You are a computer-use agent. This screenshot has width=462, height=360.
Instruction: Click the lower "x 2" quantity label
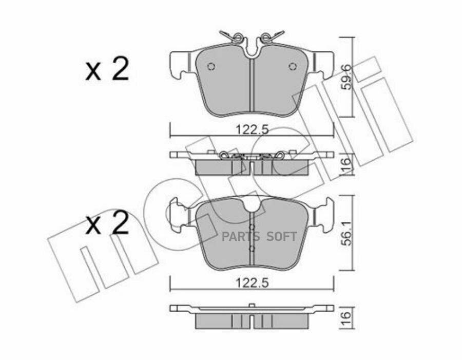pos(107,224)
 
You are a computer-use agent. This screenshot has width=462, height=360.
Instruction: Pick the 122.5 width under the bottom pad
pos(252,282)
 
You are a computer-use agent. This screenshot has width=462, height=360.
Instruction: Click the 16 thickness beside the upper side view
pos(346,164)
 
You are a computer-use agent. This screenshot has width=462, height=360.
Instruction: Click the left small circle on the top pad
pos(210,66)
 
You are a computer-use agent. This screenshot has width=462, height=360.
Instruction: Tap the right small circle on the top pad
pos(293,66)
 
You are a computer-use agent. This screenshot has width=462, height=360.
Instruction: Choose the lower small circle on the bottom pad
pos(252,249)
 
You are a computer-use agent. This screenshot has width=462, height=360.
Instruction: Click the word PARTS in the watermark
pos(240,237)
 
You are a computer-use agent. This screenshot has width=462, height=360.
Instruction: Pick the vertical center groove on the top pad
pos(252,85)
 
